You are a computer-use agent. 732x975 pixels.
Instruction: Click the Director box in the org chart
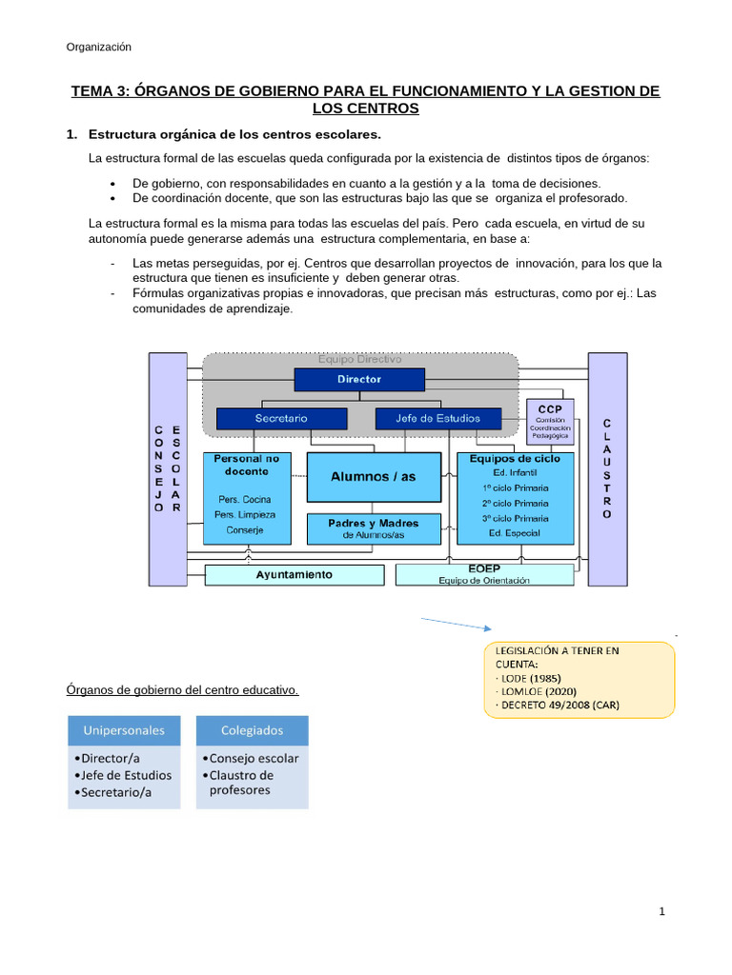359,379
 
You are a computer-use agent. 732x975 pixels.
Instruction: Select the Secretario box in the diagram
280,418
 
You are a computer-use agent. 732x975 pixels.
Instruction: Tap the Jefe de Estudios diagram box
437,418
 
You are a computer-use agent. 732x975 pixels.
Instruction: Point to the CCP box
550,422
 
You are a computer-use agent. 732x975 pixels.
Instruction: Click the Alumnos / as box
374,476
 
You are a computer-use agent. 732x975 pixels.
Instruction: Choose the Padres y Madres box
374,528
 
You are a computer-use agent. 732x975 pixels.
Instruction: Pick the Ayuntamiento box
294,574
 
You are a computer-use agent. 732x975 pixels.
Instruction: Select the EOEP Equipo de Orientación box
484,574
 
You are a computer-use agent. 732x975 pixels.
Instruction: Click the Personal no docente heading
247,465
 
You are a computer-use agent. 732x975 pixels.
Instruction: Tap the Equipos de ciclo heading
515,458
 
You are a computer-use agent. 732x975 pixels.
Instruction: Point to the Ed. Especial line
515,533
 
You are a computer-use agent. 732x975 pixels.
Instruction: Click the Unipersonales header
124,730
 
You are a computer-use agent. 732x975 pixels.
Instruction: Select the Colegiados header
253,730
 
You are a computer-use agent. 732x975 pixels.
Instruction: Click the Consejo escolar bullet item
251,759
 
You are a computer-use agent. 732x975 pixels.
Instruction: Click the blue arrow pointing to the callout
454,624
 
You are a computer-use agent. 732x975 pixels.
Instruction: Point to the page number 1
661,912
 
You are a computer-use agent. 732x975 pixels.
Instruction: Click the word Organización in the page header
99,48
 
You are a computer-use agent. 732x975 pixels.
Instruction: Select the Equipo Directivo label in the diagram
359,360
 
